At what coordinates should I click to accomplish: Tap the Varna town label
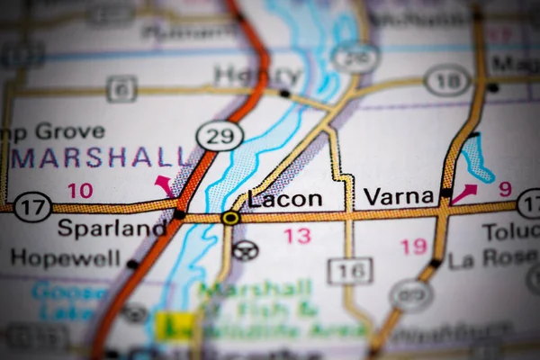399,196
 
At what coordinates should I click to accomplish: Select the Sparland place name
111,228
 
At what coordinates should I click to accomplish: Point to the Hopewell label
65,258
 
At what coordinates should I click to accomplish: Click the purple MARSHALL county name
102,157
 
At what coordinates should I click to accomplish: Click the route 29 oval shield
220,136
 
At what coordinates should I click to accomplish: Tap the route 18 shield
447,80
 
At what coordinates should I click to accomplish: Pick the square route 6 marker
121,88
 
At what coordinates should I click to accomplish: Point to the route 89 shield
411,295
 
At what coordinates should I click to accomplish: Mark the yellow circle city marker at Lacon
230,217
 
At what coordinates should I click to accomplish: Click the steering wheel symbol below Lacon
244,249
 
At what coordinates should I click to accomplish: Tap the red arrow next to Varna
464,193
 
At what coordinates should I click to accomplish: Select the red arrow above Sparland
165,185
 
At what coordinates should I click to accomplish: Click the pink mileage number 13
297,236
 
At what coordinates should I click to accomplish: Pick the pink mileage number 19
414,246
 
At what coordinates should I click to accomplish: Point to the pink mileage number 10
80,190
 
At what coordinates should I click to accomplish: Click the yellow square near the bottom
173,326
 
